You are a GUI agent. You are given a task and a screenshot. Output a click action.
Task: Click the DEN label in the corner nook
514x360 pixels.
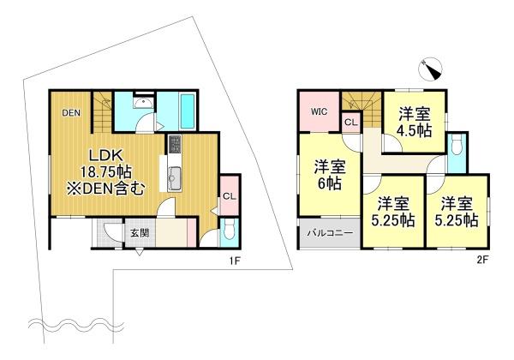70,111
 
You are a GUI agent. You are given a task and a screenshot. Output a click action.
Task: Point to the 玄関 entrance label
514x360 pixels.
140,233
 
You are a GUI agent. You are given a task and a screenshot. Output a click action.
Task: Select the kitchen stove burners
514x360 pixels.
175,143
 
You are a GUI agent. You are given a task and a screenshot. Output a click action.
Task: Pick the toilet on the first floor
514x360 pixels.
229,230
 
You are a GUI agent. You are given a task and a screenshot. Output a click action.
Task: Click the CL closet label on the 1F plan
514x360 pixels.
229,195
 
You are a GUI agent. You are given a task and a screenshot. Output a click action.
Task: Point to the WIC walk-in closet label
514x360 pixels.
319,111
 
